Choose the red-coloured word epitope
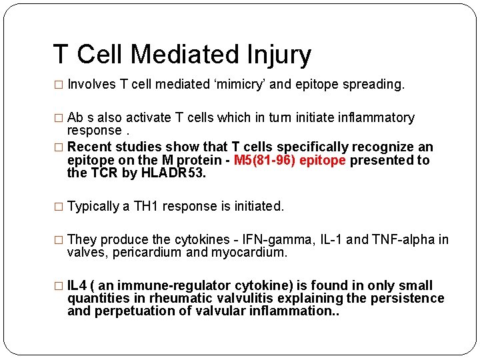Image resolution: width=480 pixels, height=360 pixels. [x=323, y=160]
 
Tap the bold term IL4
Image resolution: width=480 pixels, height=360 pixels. [x=78, y=285]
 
